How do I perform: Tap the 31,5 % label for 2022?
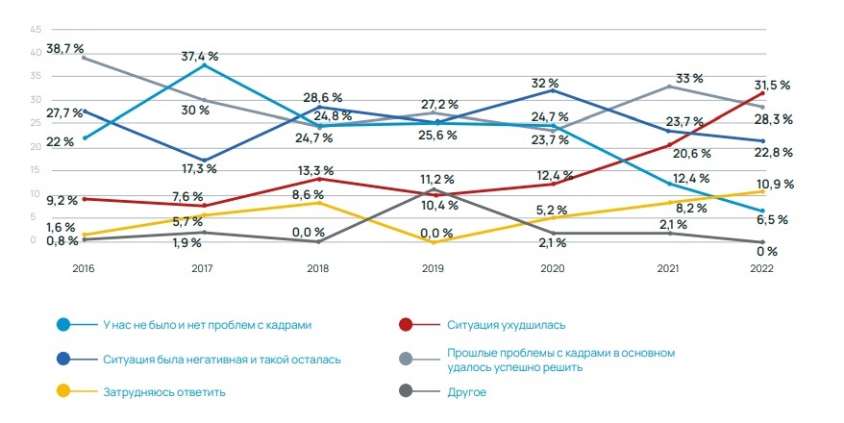(x=771, y=85)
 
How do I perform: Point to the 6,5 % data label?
(x=771, y=220)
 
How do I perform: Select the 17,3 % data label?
(x=198, y=168)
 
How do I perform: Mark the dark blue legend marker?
(x=63, y=359)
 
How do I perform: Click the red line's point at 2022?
(x=762, y=92)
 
